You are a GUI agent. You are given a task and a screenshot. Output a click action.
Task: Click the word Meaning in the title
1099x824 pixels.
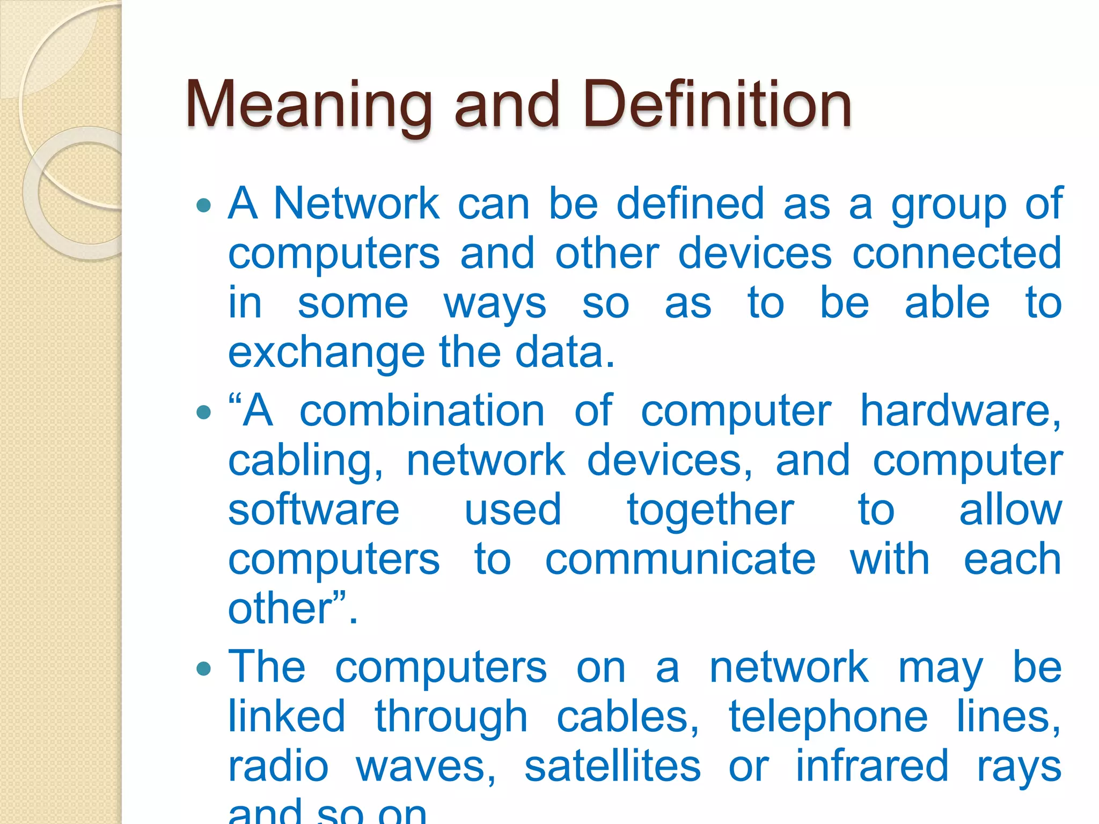coord(309,105)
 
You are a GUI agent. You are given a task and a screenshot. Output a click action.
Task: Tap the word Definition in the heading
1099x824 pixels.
coord(717,105)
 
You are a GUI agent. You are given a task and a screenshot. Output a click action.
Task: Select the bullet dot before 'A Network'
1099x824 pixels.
coord(204,205)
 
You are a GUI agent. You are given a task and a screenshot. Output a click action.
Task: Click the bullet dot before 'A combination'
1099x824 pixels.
coord(204,412)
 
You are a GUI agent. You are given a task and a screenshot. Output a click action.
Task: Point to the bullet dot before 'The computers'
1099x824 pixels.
coord(204,669)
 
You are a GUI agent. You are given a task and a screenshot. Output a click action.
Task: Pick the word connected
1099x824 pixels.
coord(957,253)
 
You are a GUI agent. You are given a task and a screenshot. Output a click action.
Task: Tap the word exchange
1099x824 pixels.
coord(326,354)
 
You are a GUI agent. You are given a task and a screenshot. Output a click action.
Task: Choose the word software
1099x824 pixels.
coord(314,510)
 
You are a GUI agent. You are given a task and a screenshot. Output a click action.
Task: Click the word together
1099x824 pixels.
coord(710,511)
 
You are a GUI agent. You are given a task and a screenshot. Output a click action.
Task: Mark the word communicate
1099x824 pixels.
coord(680,560)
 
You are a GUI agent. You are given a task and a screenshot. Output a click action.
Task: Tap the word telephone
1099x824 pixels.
coord(828,718)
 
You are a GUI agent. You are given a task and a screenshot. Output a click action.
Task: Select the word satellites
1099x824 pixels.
coord(612,767)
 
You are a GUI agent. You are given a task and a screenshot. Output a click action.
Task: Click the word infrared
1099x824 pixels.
coord(872,767)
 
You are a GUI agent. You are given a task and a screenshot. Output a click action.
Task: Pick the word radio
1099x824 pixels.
coord(279,767)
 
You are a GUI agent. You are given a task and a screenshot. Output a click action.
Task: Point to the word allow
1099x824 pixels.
coord(1010,510)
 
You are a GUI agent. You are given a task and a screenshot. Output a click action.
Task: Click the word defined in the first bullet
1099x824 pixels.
coord(690,204)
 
